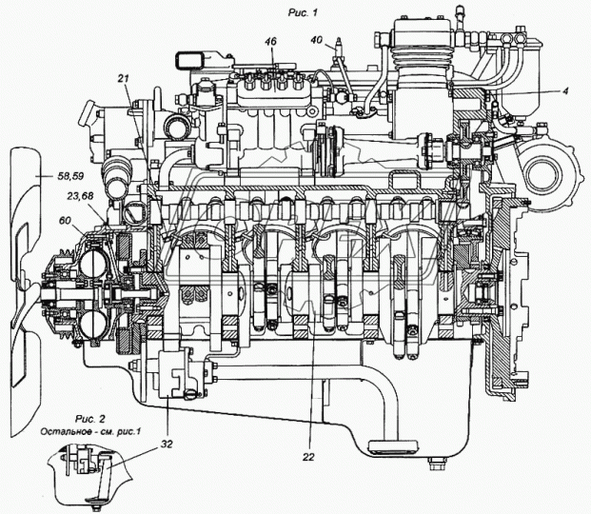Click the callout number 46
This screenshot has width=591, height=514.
(270, 41)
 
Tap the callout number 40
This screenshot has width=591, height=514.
(317, 39)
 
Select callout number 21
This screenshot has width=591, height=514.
(124, 78)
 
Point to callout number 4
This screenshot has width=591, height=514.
(565, 90)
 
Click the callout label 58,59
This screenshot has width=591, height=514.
(70, 176)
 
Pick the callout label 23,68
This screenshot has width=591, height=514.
(80, 196)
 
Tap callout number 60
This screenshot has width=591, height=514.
(65, 220)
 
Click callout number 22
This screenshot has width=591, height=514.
(308, 457)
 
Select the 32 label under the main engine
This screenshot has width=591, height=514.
(167, 445)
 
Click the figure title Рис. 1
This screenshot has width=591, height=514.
(303, 12)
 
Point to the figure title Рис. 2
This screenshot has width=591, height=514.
(90, 419)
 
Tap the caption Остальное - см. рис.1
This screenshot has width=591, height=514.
(90, 431)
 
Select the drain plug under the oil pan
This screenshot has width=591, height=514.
(438, 464)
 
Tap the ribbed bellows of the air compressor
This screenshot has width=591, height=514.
(422, 58)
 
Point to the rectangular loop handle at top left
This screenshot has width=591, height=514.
(188, 60)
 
